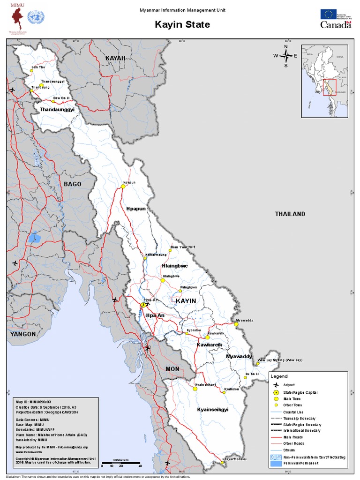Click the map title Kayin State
[x=182, y=24]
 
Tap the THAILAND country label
[x=290, y=214]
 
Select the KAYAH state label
[x=116, y=58]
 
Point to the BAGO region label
[x=73, y=184]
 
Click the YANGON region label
[x=23, y=334]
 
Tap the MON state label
[x=172, y=369]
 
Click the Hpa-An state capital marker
[x=143, y=305]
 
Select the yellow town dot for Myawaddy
[x=236, y=324]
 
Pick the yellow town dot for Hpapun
[x=123, y=186]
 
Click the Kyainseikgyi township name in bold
[x=212, y=409]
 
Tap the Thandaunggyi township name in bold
[x=57, y=109]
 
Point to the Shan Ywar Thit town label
[x=182, y=247]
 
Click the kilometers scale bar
[x=121, y=463]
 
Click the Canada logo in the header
[x=336, y=25]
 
